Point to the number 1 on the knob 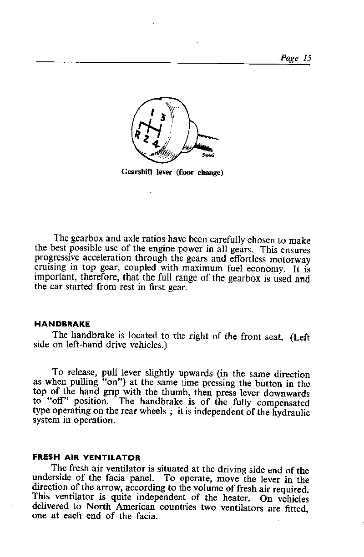click(x=153, y=112)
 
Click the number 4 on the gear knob click(x=156, y=145)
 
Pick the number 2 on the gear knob click(x=146, y=139)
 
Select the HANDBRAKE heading click(x=62, y=324)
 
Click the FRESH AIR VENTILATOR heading click(x=87, y=457)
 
